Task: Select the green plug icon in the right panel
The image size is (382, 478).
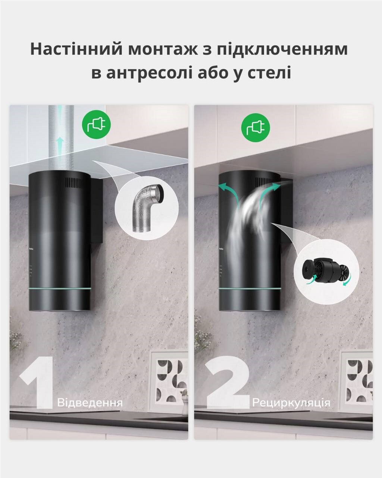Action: click(x=256, y=127)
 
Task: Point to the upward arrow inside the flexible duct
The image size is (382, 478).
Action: click(x=59, y=145)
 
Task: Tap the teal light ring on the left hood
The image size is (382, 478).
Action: click(x=60, y=289)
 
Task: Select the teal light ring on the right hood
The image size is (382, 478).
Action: click(x=250, y=289)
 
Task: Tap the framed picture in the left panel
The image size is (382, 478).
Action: click(x=169, y=382)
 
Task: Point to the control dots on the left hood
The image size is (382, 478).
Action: click(x=31, y=271)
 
